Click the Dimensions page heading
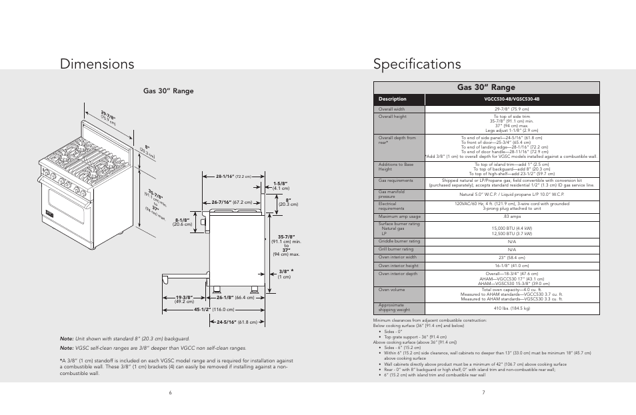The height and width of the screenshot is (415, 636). tap(97, 64)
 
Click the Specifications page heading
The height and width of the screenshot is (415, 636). tap(417, 64)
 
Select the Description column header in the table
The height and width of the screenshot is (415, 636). tap(393, 99)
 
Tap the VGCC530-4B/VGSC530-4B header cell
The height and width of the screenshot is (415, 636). tap(511, 99)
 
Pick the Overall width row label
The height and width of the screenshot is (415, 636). tap(392, 109)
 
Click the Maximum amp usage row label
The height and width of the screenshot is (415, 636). tap(399, 216)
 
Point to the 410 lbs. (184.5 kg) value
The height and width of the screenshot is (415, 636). tap(511, 308)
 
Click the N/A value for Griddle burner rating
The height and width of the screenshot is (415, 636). tap(511, 241)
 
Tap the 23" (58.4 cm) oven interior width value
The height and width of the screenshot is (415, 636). tap(511, 257)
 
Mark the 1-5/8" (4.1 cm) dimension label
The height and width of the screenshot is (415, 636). tap(280, 185)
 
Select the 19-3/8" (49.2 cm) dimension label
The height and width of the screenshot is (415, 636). tap(184, 299)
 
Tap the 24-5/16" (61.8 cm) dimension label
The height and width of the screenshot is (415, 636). tap(237, 322)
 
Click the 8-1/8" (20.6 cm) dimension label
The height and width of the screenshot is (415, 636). tap(182, 222)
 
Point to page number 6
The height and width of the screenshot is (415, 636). tap(171, 392)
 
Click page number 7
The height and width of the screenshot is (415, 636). tap(483, 392)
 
